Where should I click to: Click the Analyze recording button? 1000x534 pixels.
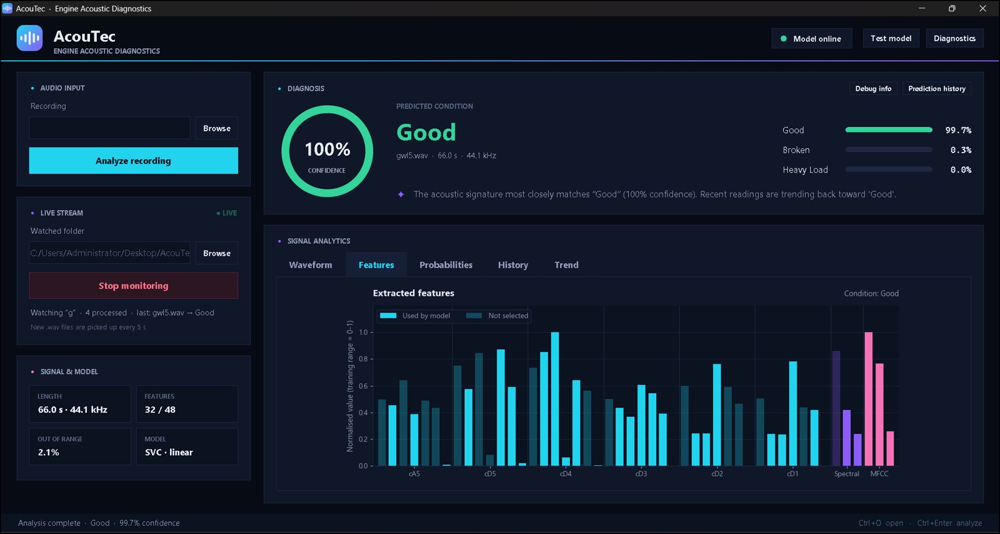point(134,161)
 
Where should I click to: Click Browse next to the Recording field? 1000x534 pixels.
point(216,129)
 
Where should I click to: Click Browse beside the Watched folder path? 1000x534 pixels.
point(216,253)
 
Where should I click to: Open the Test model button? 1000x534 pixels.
point(891,38)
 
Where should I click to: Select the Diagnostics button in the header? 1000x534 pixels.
point(954,38)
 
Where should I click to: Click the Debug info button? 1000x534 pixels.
point(873,88)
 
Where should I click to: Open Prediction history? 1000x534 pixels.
point(937,88)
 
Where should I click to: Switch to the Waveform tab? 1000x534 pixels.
point(310,264)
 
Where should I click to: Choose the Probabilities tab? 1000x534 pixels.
point(446,264)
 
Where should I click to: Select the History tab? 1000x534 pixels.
point(513,264)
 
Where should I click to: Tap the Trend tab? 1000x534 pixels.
point(566,264)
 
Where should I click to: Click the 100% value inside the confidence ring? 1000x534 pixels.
point(327,149)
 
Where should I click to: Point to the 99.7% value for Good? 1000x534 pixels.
point(958,130)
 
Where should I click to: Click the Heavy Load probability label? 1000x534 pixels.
point(805,169)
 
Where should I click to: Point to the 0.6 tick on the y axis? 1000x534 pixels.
point(363,386)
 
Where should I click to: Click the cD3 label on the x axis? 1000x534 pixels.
point(641,474)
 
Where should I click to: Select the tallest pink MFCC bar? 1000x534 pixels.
point(868,399)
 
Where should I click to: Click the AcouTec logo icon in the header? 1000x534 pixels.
point(29,38)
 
